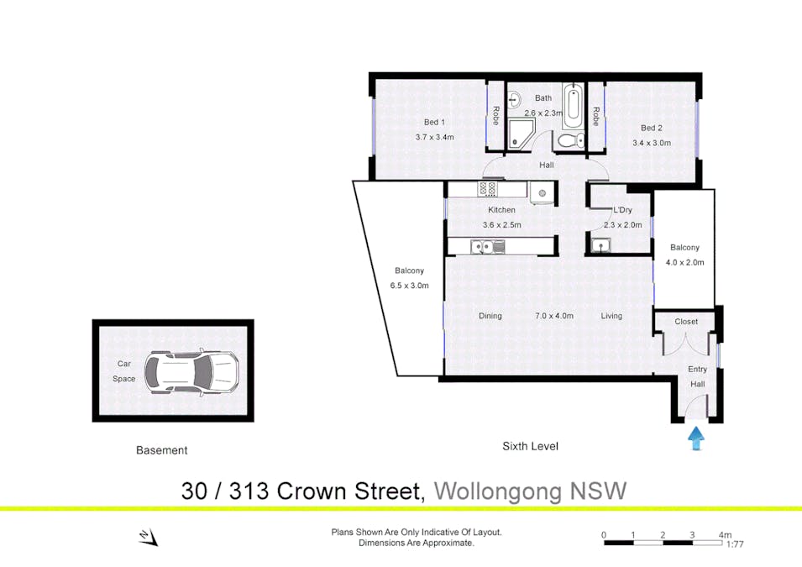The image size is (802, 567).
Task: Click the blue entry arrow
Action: coord(695,439)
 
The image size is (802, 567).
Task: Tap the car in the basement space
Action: coord(191,371)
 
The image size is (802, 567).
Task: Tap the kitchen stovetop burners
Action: coord(487,189)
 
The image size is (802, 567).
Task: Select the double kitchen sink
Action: coord(488,247)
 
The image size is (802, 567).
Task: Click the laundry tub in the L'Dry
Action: coord(601,245)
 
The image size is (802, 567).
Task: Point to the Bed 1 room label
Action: coord(434,123)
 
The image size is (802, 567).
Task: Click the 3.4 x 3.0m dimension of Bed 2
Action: coord(652,144)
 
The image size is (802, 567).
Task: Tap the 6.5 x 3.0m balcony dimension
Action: coord(409,286)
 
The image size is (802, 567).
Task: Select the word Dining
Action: coord(490,316)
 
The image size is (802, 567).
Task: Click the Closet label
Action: coord(686,322)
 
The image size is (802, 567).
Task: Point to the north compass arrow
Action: coord(149,538)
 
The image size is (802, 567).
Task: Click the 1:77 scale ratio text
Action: coord(735,544)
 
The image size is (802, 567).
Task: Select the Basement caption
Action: coord(161,450)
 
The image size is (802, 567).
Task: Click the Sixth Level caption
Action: coord(531,446)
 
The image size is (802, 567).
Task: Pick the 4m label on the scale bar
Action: coord(725,535)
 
